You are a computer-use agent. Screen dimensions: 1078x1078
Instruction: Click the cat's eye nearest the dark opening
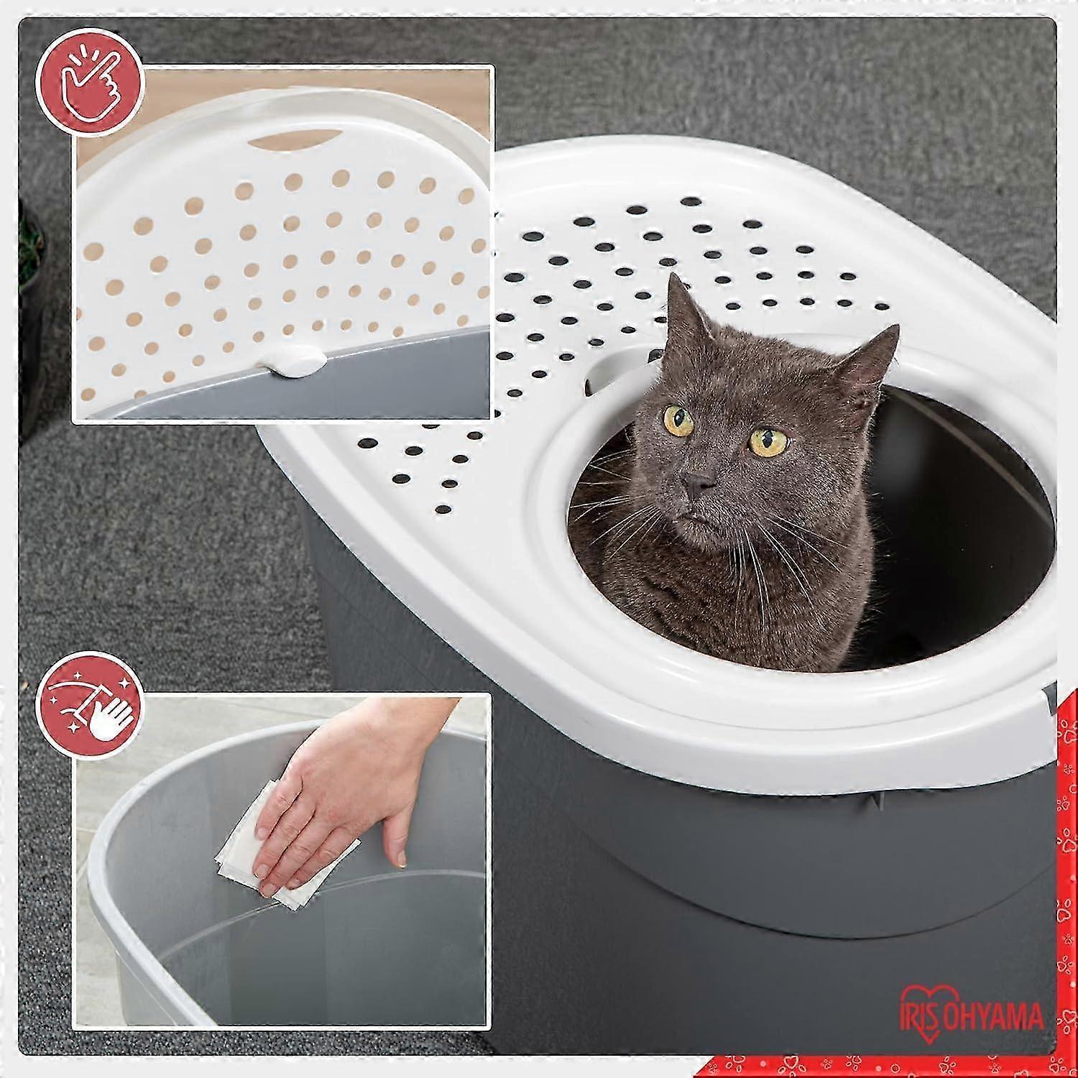(765, 440)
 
